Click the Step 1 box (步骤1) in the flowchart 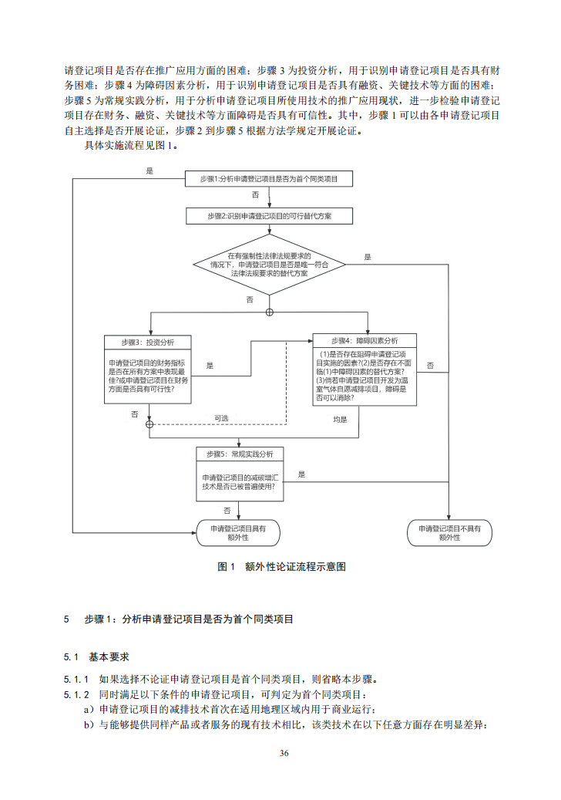(x=269, y=179)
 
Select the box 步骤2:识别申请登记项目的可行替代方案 (x=269, y=216)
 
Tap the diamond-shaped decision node (x=269, y=265)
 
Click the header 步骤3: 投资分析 (x=148, y=342)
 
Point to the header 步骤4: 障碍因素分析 (x=365, y=340)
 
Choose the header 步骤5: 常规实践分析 (x=240, y=453)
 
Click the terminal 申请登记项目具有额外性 (x=238, y=532)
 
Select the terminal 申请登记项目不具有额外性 (x=449, y=532)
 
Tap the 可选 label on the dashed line (x=221, y=418)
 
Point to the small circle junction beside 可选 (x=150, y=424)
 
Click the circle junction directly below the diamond (x=269, y=312)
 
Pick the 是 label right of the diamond (x=368, y=257)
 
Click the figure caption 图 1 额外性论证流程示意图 (x=280, y=566)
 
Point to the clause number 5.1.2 (x=76, y=694)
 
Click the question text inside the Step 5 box (x=240, y=482)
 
